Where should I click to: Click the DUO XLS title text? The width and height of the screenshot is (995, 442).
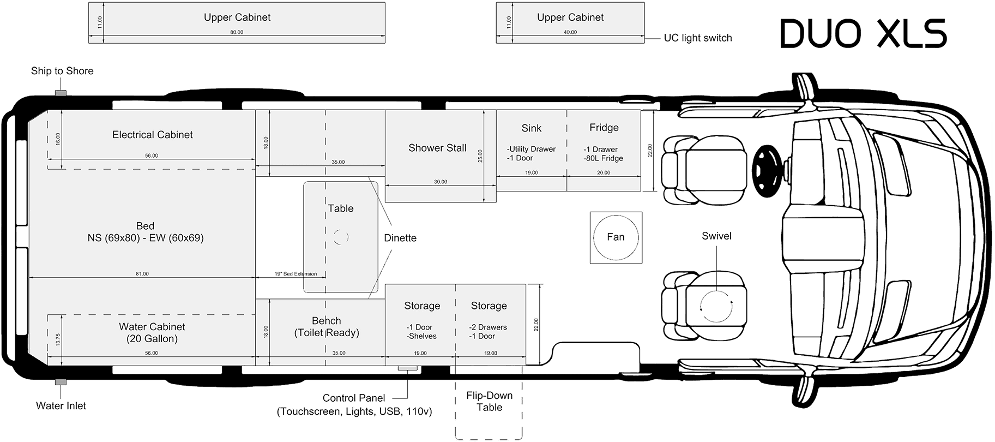(863, 34)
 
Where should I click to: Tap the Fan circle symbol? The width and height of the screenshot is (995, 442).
(616, 237)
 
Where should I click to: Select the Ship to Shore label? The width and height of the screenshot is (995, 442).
(62, 71)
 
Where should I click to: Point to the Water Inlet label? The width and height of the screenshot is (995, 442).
(61, 406)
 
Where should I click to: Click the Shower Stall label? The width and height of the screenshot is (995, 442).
(437, 148)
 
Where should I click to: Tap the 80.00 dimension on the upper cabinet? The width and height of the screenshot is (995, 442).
(237, 32)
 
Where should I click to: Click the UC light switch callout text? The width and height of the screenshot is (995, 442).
(697, 38)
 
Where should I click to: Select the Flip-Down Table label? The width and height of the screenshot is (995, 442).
(489, 402)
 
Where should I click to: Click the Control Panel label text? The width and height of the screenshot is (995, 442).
(354, 398)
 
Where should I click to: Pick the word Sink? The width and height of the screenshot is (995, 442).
(531, 128)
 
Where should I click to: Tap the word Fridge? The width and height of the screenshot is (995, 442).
(604, 128)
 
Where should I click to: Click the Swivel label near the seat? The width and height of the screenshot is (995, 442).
(716, 236)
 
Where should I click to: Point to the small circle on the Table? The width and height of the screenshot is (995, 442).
(341, 237)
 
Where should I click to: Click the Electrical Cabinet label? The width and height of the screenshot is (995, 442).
(153, 135)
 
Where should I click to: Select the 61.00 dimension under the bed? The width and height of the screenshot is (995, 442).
(142, 274)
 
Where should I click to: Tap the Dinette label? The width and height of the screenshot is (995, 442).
(400, 238)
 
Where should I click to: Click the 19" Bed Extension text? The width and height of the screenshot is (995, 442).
(295, 274)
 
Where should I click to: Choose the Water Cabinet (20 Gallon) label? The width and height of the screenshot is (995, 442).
(152, 333)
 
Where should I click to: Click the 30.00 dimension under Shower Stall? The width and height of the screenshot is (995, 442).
(440, 182)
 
